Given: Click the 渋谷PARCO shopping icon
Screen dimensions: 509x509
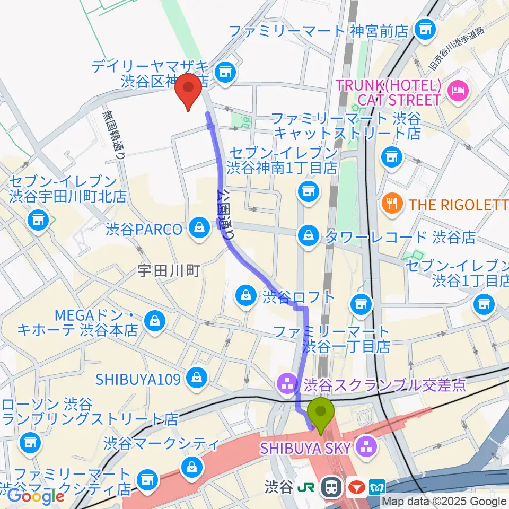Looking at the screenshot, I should point(199,229).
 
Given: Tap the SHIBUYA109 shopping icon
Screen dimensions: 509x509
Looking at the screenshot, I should point(197,378).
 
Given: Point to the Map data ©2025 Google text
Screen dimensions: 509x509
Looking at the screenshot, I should point(444,501).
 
